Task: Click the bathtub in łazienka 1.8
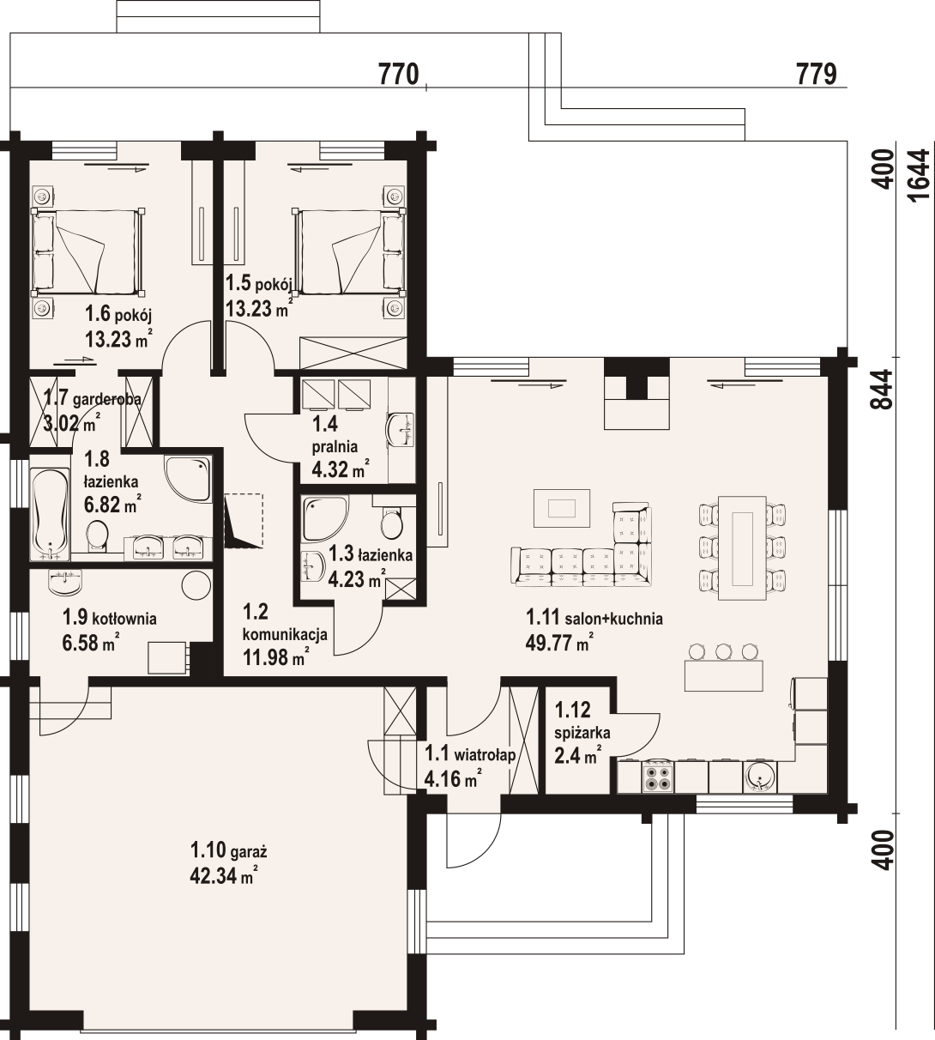[50, 513]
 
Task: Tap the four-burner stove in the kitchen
[658, 777]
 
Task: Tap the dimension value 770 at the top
[398, 74]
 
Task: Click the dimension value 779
[817, 74]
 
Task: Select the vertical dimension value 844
[884, 389]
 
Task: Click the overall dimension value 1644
[919, 176]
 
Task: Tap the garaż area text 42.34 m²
[223, 875]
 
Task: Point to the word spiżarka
[582, 734]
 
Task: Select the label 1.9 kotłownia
[109, 619]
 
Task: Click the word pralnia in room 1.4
[335, 446]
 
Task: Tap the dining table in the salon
[742, 548]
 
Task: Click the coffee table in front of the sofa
[562, 507]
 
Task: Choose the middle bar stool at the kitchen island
[723, 650]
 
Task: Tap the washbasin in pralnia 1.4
[401, 429]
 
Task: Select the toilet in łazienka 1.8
[97, 536]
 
